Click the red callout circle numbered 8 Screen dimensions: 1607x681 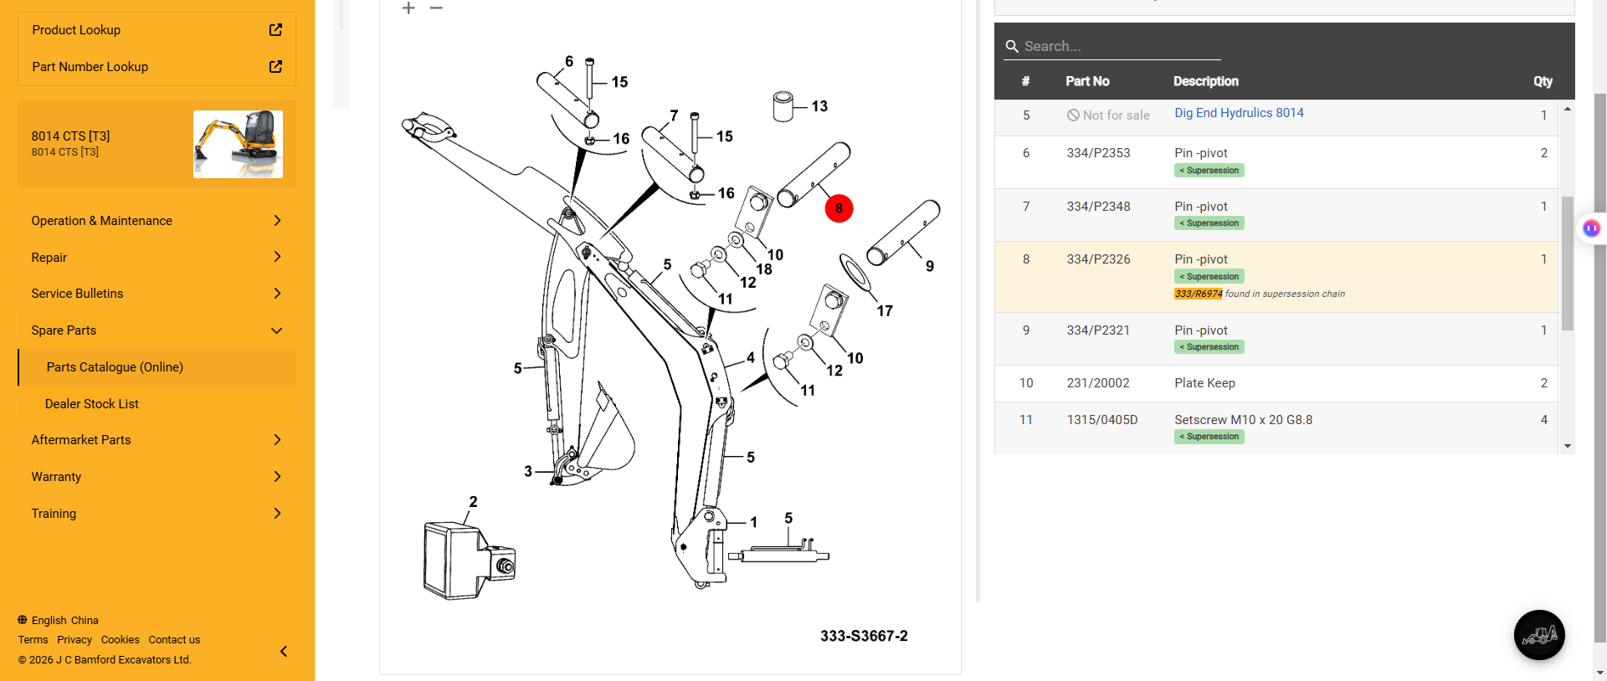coord(839,208)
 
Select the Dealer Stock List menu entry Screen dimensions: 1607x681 coord(92,404)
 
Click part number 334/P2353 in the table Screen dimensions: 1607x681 coord(1098,153)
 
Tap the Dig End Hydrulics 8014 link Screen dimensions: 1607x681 coord(1239,113)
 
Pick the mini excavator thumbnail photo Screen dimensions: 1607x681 coord(238,144)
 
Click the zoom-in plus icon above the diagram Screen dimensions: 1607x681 coord(408,8)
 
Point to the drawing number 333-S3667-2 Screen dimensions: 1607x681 coord(864,636)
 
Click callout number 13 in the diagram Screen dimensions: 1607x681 coord(819,106)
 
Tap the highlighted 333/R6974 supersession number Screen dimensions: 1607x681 coord(1198,294)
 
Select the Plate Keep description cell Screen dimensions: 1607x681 coord(1204,383)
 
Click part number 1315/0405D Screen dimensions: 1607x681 coord(1102,420)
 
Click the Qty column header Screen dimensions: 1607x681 coord(1543,81)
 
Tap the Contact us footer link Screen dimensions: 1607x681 coord(174,640)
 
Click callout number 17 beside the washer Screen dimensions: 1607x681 coord(885,311)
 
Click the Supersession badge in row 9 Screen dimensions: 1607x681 coord(1209,347)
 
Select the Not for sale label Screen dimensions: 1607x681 coord(1108,115)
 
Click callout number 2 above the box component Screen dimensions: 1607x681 coord(473,502)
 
